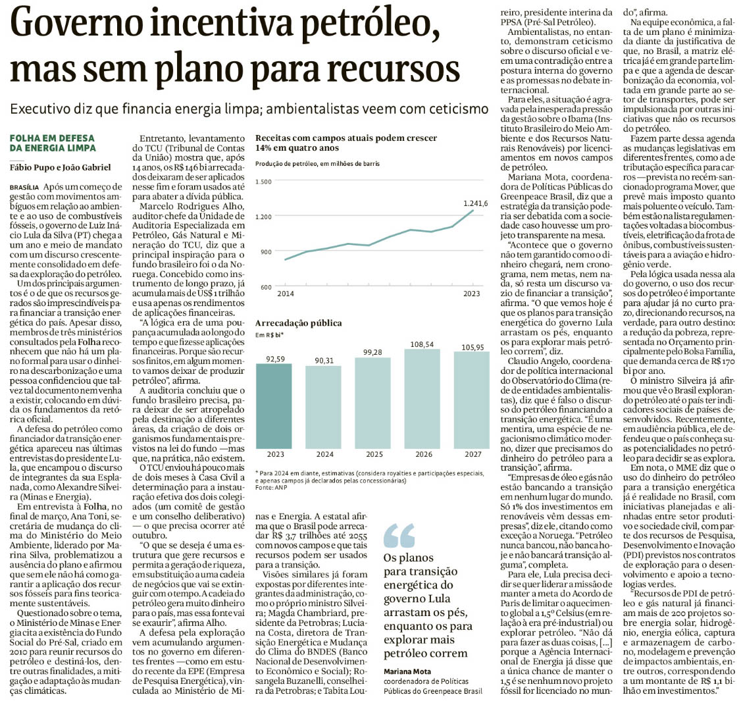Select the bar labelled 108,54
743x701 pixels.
click(x=427, y=398)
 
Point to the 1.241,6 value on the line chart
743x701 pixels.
click(x=475, y=203)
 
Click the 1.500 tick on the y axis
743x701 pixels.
click(x=263, y=181)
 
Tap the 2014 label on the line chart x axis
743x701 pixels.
click(x=285, y=292)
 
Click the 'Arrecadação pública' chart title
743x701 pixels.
click(x=298, y=324)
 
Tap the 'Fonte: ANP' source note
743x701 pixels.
click(x=271, y=487)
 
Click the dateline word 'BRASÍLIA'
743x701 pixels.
click(x=24, y=188)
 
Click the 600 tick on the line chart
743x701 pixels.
click(x=265, y=288)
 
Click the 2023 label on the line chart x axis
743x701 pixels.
click(x=472, y=292)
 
